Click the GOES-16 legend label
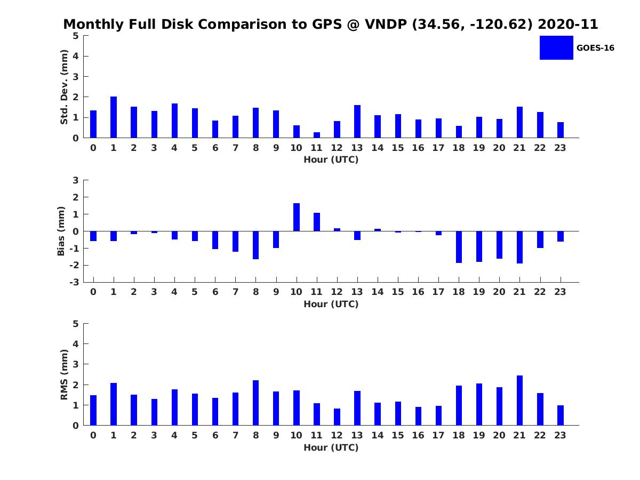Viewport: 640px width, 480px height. [x=595, y=48]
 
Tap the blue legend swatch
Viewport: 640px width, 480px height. [x=556, y=48]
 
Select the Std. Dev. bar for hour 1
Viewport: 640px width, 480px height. [x=114, y=117]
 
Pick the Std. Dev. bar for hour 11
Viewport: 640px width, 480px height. [x=317, y=135]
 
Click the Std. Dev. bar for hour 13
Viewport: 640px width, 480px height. [x=357, y=122]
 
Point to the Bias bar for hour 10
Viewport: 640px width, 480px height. [x=297, y=217]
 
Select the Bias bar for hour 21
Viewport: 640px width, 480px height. [x=519, y=247]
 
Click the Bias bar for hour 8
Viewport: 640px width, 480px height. [x=256, y=245]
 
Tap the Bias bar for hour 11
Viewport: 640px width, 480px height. [x=317, y=222]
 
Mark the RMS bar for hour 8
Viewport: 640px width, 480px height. [x=256, y=403]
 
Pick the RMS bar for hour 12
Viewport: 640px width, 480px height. [x=337, y=417]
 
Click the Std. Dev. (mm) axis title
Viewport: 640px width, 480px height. [x=65, y=87]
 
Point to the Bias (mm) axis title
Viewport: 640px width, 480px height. [x=61, y=231]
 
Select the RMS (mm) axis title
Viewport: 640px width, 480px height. [x=65, y=374]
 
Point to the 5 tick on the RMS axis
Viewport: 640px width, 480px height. [x=76, y=324]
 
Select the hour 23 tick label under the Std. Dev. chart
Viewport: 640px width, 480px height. [x=560, y=148]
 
